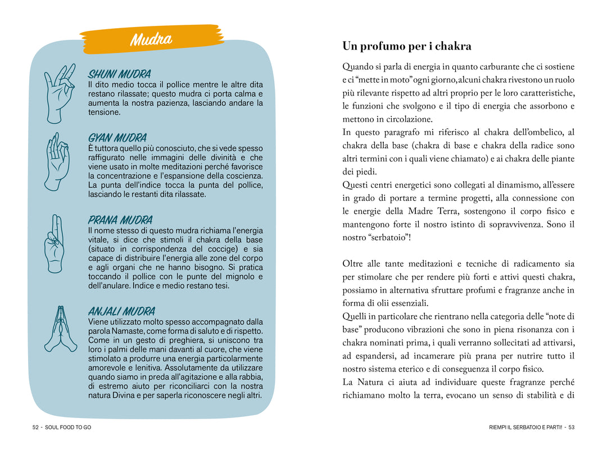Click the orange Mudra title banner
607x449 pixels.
(151, 39)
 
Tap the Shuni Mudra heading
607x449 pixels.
(119, 74)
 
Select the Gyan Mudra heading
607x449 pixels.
(117, 137)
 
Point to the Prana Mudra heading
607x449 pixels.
(120, 219)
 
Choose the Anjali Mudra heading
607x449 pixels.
(121, 311)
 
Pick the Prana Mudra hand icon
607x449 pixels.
(55, 243)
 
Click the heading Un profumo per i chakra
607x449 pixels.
(407, 46)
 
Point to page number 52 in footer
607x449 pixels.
(35, 428)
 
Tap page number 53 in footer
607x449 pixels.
(572, 428)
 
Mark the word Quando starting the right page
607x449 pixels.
(360, 67)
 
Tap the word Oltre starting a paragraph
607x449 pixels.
(354, 263)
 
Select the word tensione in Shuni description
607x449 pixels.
(104, 112)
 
